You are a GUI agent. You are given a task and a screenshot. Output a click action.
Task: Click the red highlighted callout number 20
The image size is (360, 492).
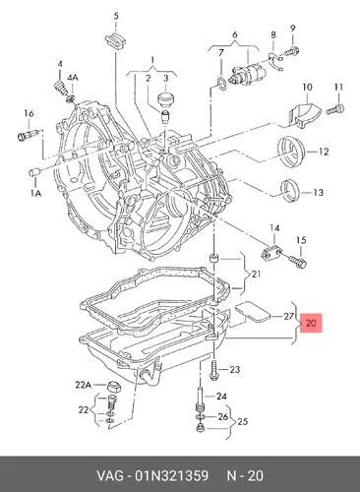click(x=311, y=323)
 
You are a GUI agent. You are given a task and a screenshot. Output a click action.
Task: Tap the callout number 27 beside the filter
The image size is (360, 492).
click(x=288, y=316)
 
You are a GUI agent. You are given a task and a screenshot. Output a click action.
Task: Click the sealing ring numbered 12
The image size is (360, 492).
click(x=292, y=152)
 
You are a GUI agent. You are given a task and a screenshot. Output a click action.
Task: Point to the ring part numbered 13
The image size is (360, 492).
click(x=290, y=191)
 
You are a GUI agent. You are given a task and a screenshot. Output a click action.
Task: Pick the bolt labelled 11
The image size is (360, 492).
click(x=336, y=109)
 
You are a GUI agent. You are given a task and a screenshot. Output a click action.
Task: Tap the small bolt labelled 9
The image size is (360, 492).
click(x=291, y=51)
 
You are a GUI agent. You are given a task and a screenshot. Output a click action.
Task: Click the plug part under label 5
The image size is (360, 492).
click(x=115, y=40)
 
